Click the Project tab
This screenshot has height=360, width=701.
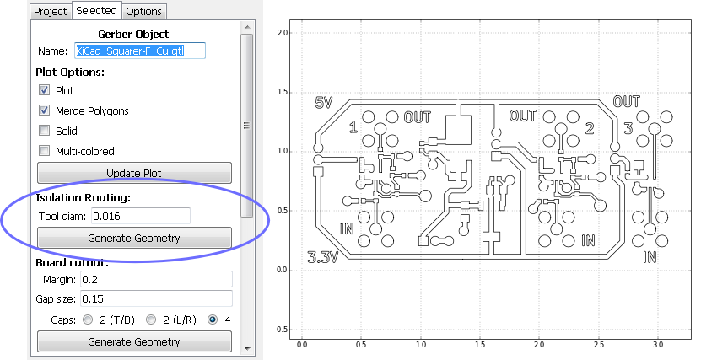tap(50, 11)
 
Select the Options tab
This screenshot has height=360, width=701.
tap(144, 11)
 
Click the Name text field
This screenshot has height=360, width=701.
tap(140, 51)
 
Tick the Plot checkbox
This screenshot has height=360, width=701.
tap(44, 90)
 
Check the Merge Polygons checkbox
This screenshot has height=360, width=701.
tap(44, 110)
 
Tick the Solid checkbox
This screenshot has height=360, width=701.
tap(44, 131)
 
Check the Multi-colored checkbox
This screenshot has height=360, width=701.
tap(44, 151)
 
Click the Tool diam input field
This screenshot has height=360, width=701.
tap(140, 216)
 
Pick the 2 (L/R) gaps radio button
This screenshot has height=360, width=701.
tap(152, 320)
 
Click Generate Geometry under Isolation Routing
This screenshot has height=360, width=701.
tap(134, 238)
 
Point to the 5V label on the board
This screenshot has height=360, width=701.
tap(324, 102)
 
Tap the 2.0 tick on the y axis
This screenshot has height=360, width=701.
tap(283, 32)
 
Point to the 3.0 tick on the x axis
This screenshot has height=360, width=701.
tap(659, 344)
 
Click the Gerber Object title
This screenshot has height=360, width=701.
tap(134, 34)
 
